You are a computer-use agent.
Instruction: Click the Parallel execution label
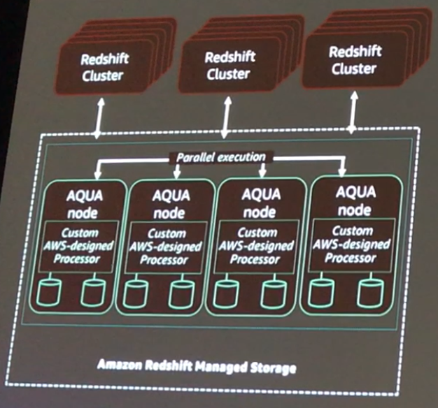(x=220, y=157)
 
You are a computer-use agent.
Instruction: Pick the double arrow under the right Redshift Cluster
(x=351, y=112)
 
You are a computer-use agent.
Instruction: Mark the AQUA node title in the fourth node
(x=353, y=198)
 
